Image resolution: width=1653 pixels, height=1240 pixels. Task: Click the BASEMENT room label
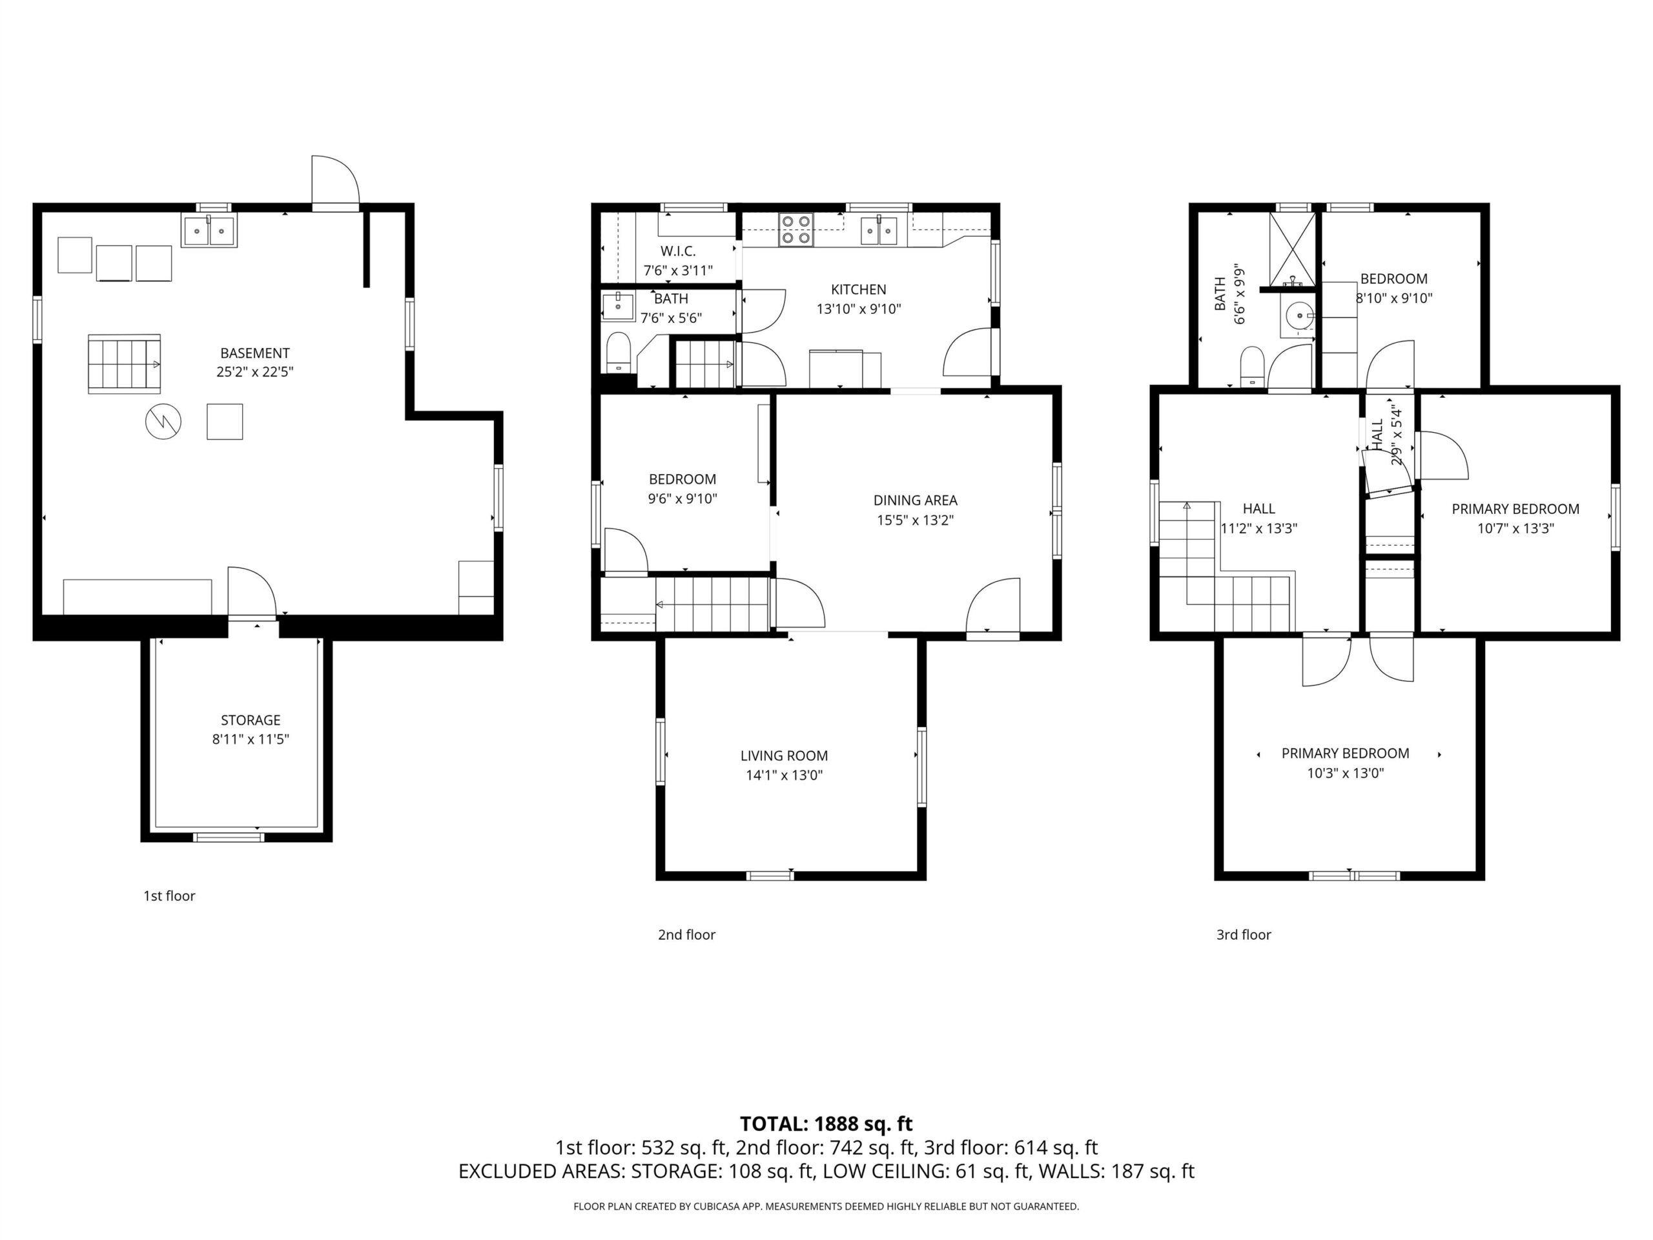tap(255, 353)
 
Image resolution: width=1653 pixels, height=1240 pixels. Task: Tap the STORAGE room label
tap(251, 720)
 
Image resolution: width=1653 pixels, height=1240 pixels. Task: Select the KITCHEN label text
tap(859, 289)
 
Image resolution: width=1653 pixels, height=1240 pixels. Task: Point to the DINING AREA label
tap(916, 500)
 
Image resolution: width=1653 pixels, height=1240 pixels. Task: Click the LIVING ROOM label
tap(784, 756)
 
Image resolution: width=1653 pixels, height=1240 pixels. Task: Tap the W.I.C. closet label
tap(678, 251)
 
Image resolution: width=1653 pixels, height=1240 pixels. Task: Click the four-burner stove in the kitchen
tap(796, 229)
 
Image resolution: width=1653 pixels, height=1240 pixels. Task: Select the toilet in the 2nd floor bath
tap(618, 351)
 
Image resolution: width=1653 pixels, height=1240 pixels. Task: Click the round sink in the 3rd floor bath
tap(1300, 316)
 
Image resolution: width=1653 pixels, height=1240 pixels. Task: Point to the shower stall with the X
tap(1292, 248)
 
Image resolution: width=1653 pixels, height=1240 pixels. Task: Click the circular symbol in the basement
tap(163, 422)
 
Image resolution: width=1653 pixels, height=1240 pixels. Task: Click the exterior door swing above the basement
tap(336, 180)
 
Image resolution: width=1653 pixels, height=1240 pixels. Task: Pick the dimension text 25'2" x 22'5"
tap(255, 372)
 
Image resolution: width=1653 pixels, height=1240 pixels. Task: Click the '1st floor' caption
tap(169, 895)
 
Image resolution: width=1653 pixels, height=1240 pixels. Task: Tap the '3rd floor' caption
tap(1244, 935)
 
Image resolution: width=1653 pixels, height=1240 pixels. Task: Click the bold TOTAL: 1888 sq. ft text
tap(826, 1123)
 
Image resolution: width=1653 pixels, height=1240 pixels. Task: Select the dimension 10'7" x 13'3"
tap(1515, 528)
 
